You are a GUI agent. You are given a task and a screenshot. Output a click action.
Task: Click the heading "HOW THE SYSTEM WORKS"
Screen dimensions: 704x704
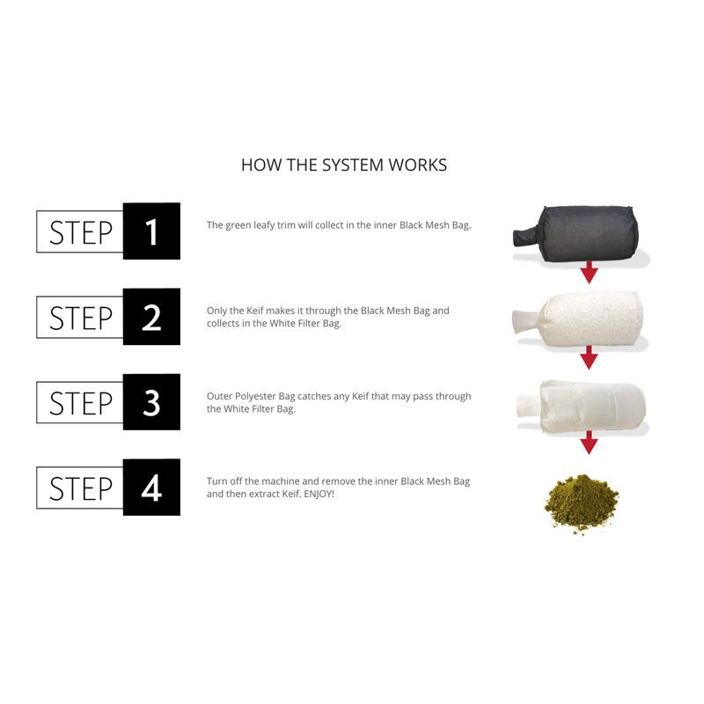tap(344, 165)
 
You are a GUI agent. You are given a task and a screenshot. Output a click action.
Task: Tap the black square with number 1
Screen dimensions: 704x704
tap(151, 231)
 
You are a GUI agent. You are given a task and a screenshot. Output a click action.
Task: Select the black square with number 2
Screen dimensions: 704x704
tap(151, 317)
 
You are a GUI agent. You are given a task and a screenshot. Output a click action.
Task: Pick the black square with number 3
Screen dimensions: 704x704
tap(151, 402)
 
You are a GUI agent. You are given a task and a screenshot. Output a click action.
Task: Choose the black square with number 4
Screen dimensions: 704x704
tap(151, 488)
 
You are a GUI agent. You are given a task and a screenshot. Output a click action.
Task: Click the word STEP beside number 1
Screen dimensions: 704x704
tap(81, 232)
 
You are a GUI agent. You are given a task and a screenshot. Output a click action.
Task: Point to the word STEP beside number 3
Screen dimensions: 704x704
tap(81, 403)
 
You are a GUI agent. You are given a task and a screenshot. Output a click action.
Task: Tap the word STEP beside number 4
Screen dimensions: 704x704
tap(81, 488)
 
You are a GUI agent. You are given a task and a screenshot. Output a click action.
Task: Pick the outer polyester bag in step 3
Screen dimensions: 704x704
tap(581, 407)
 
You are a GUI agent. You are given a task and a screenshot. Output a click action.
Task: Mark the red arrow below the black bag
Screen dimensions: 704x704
tap(589, 272)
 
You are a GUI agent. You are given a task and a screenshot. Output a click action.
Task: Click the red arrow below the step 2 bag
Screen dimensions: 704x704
tap(589, 357)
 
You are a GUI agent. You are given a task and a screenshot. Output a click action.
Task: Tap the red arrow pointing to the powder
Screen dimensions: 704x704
tap(589, 443)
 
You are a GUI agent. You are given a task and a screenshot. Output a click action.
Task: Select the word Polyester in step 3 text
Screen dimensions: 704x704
tap(255, 397)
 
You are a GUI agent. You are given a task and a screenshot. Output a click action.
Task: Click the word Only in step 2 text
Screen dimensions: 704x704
tap(216, 311)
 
